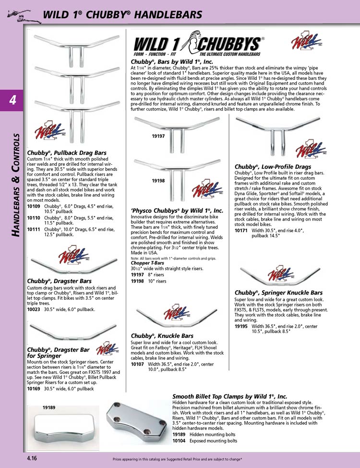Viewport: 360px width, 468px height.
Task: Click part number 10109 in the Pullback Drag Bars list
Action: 33,206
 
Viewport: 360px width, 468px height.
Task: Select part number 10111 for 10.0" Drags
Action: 33,229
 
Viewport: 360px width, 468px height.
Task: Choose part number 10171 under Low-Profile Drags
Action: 241,231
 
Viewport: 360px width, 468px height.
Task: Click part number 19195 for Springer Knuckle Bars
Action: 241,326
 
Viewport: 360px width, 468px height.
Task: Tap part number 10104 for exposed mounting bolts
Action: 179,440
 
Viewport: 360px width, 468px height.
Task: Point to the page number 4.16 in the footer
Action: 33,458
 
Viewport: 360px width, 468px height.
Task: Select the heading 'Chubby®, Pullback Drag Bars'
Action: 67,153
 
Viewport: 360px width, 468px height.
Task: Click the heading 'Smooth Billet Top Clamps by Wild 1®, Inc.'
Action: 229,396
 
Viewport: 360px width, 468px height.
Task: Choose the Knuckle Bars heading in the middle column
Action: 162,335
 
